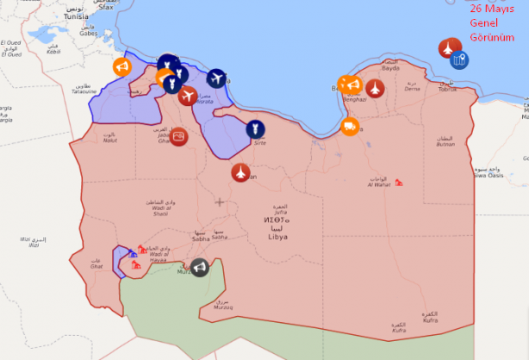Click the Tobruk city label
(448, 90)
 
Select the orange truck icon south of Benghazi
(350, 127)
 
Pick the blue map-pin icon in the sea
(460, 59)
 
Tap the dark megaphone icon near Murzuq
(200, 268)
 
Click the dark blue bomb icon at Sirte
(255, 129)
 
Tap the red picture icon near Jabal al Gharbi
(178, 136)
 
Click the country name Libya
(278, 237)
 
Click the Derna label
(413, 89)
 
